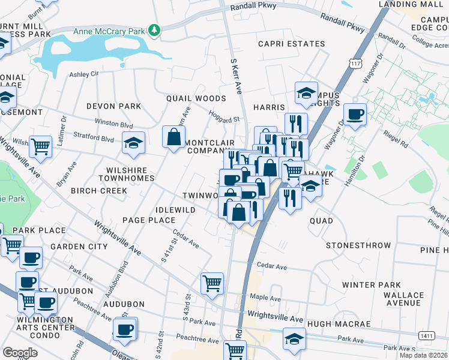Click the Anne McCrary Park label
(x=109, y=31)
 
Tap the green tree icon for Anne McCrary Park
(x=155, y=30)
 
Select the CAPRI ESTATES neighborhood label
(x=291, y=44)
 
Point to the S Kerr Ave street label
(x=236, y=76)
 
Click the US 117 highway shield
(x=356, y=63)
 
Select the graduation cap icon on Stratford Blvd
(x=133, y=143)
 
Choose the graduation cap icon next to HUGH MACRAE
(x=294, y=339)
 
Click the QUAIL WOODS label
(x=196, y=98)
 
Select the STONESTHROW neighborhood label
(x=358, y=245)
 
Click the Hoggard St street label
(x=223, y=115)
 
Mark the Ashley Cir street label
(x=83, y=74)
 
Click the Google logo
(x=20, y=353)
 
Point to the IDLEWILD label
(x=175, y=210)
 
